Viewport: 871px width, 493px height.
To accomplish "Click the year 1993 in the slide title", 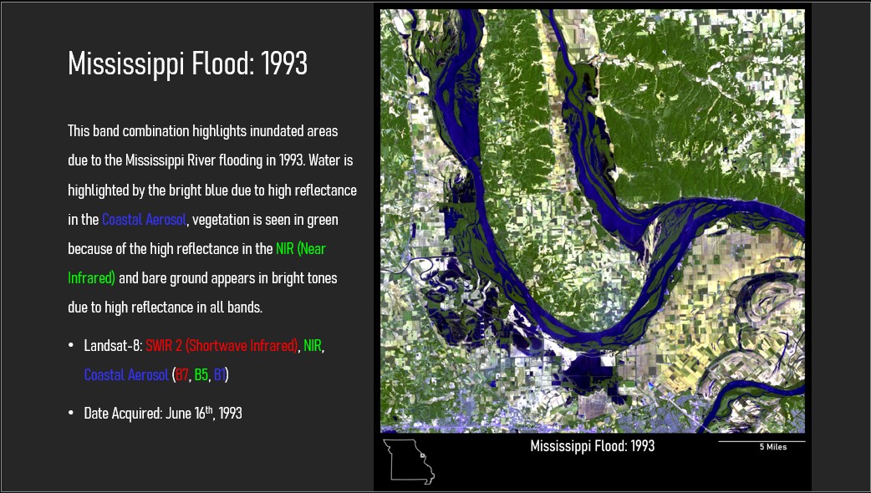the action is (x=284, y=64).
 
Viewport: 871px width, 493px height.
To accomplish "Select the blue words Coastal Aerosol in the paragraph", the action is (x=144, y=219).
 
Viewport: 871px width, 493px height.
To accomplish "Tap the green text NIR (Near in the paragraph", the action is (x=301, y=249).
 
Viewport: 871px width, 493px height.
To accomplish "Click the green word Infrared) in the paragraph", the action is (x=92, y=277).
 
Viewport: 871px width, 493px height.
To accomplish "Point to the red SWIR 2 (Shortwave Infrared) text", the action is (x=222, y=345).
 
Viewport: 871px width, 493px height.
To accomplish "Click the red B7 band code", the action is (x=181, y=374).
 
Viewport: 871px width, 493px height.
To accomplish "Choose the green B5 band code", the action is (x=201, y=374).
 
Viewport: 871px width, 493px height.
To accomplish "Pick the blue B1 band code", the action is (x=219, y=374).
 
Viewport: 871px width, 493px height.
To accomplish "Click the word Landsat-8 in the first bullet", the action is (x=113, y=345).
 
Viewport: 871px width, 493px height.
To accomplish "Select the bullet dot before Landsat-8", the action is (x=70, y=346).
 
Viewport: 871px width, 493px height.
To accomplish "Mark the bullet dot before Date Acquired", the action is (x=70, y=413).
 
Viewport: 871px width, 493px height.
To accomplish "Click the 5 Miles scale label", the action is (x=773, y=447).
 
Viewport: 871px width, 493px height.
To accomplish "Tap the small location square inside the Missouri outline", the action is (x=422, y=455).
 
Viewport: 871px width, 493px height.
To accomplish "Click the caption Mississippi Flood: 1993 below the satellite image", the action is (x=592, y=446).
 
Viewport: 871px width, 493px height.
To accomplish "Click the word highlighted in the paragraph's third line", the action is (x=99, y=190).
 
